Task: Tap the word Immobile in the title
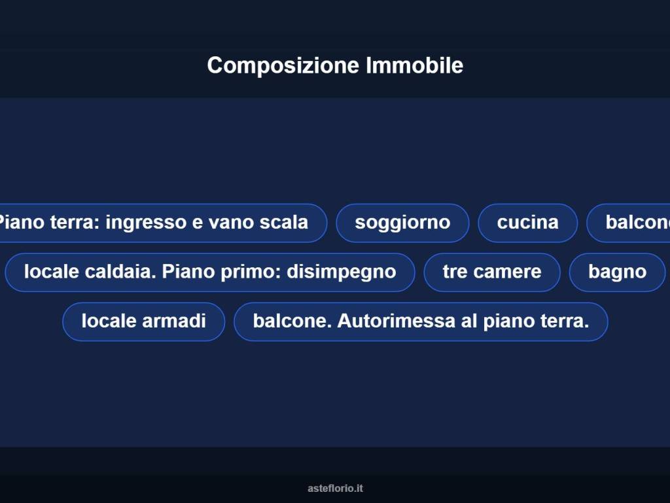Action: point(414,65)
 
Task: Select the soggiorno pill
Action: point(402,223)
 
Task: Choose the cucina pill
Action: point(527,223)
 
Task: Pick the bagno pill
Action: point(617,272)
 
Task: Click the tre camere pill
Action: point(492,272)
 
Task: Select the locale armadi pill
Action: point(143,321)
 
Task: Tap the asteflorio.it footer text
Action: point(335,489)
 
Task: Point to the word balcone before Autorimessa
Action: point(289,321)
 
